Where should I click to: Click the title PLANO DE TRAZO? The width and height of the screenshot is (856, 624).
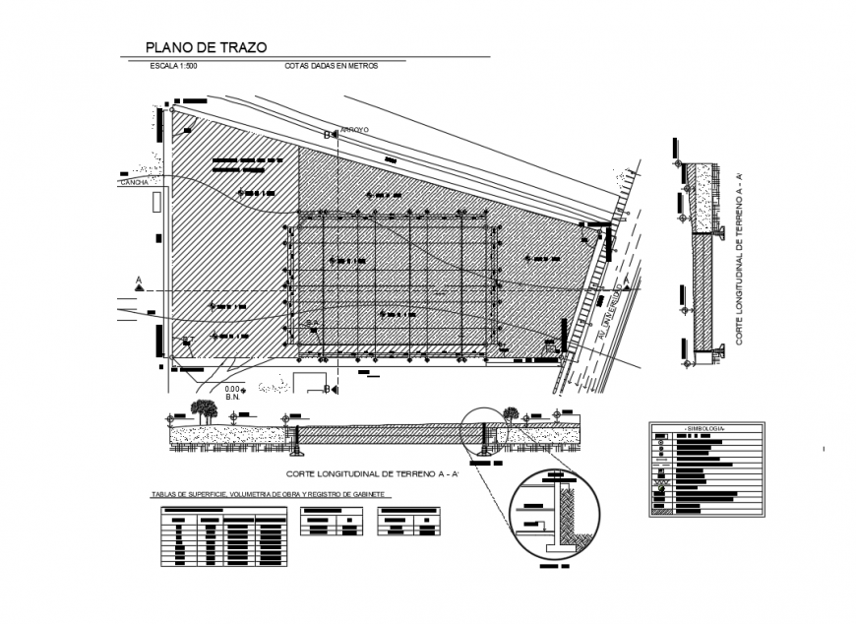[x=206, y=46]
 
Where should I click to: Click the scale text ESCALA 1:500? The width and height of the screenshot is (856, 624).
[x=174, y=66]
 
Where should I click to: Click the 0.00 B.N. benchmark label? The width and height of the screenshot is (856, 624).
[x=232, y=393]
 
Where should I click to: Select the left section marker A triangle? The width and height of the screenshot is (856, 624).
[x=139, y=284]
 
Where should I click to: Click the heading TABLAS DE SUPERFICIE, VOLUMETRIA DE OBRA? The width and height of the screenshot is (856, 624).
[x=269, y=494]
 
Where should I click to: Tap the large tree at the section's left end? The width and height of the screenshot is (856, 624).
[x=205, y=409]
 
